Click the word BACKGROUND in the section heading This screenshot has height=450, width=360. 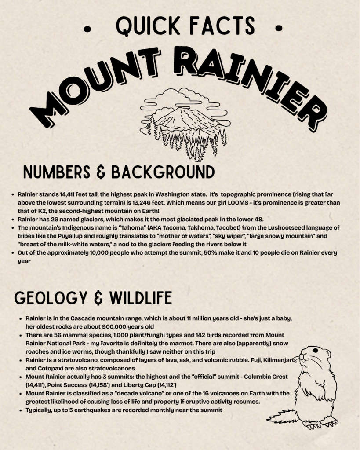click(163, 172)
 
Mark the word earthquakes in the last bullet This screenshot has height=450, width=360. click(91, 410)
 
